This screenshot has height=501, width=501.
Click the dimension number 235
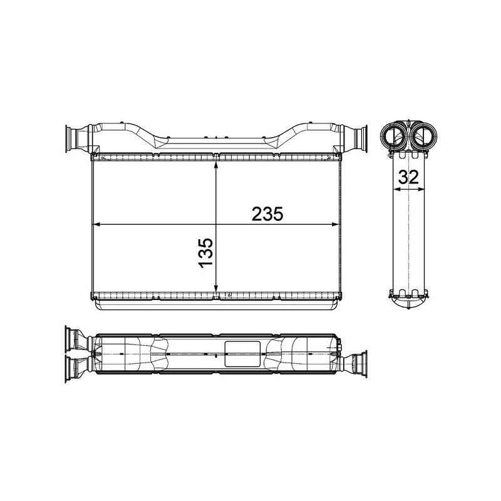click(268, 213)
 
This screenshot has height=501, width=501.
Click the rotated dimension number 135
click(206, 252)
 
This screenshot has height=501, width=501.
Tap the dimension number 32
click(408, 177)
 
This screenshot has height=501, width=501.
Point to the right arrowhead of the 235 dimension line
click(338, 224)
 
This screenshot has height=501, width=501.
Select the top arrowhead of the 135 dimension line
click(215, 165)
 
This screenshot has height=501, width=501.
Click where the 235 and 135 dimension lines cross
click(215, 224)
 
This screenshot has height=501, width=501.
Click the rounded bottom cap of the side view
click(409, 303)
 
